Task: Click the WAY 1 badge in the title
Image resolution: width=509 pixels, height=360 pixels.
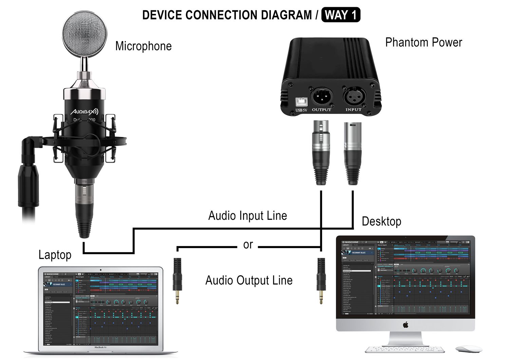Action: click(x=340, y=15)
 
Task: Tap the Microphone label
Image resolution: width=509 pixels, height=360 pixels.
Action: click(x=143, y=46)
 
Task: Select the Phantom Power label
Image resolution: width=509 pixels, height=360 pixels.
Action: click(x=423, y=42)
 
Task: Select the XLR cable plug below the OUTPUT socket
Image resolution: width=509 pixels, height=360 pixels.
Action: click(x=321, y=153)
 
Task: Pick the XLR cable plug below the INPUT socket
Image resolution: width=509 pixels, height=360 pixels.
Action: click(x=353, y=153)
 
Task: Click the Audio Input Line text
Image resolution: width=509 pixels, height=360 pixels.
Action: click(x=247, y=216)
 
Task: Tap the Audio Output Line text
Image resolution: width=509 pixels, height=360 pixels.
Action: click(x=249, y=281)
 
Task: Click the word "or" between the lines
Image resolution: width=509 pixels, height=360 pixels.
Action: click(x=248, y=245)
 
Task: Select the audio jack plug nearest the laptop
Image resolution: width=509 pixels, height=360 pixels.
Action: click(x=177, y=280)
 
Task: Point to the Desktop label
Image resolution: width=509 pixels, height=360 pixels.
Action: click(x=381, y=222)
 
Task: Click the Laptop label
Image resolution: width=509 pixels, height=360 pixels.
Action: click(x=55, y=255)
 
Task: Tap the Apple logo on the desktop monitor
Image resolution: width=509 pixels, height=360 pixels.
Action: click(x=406, y=325)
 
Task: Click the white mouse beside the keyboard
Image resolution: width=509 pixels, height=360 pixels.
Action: click(x=469, y=349)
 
